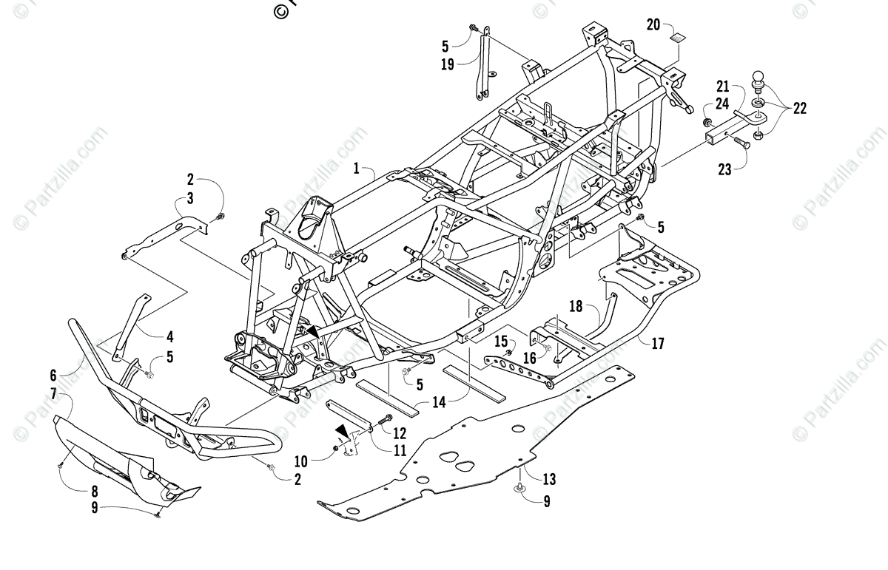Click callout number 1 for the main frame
coord(357,169)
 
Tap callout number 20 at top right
coord(653,24)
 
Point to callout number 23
coord(724,170)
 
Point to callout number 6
coord(53,375)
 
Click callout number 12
coord(400,432)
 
